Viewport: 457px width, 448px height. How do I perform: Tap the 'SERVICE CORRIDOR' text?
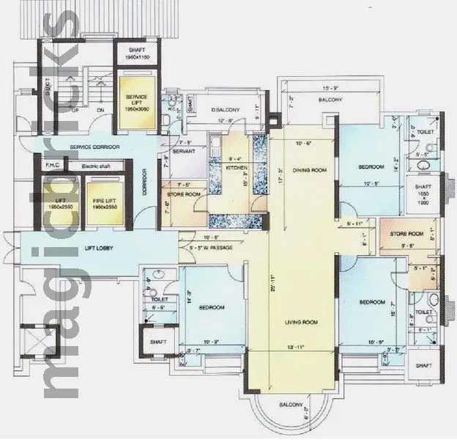(x=94, y=147)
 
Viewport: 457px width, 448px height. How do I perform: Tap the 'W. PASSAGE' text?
(x=215, y=247)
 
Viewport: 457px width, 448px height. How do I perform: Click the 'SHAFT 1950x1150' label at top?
(x=136, y=54)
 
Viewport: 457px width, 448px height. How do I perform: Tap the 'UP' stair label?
(x=74, y=111)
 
